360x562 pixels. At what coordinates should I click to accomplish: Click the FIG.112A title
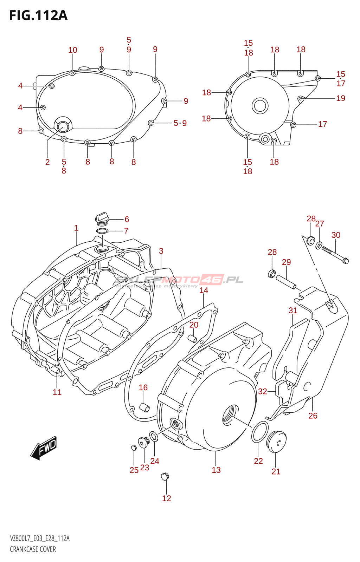pos(38,15)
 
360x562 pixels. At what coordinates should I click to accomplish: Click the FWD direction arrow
pos(44,448)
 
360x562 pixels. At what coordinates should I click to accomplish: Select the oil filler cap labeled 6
pos(102,218)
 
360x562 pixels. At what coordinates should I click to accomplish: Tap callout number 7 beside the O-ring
pos(126,231)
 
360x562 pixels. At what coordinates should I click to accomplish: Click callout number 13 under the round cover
pos(216,470)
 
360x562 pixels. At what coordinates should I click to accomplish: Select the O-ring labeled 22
pos(259,432)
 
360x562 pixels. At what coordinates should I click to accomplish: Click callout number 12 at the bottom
pos(167,498)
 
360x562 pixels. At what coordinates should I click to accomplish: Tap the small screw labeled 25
pos(133,447)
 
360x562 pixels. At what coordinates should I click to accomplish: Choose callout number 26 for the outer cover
pos(313,416)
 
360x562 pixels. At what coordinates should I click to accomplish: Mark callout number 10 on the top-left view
pos(73,50)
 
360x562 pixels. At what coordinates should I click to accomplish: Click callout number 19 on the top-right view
pos(341,98)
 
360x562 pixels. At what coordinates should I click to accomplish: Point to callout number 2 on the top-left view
pos(47,162)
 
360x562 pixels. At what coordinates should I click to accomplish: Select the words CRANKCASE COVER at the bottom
pos(33,549)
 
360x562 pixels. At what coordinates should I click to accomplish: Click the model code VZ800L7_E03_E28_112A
pos(40,538)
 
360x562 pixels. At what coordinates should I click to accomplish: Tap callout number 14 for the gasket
pos(204,290)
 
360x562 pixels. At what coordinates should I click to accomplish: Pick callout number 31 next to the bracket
pos(293,310)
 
